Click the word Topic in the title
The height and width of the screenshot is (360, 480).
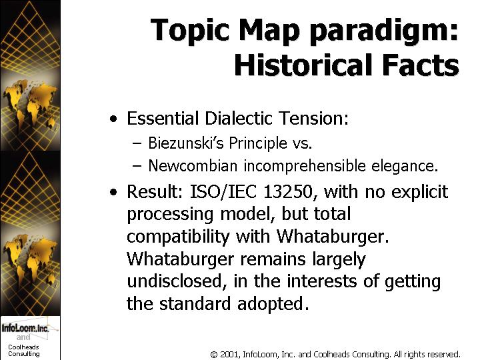[x=190, y=30]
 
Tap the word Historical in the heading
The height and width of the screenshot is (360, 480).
[x=303, y=65]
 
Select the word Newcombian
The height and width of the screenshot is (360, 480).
[x=193, y=166]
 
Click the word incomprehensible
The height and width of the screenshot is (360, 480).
[x=305, y=166]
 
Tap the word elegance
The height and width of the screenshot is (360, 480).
[x=405, y=167]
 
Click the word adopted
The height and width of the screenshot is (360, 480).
[x=273, y=304]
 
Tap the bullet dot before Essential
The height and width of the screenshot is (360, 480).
[x=113, y=119]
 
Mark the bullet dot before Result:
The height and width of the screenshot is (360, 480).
[x=113, y=192]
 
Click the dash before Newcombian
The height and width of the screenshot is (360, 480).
[x=137, y=166]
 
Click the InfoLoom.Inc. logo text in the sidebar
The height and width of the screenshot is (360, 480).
[x=25, y=328]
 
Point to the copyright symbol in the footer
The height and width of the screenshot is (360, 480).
[x=214, y=355]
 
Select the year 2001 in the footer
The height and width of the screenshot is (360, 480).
[x=229, y=355]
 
